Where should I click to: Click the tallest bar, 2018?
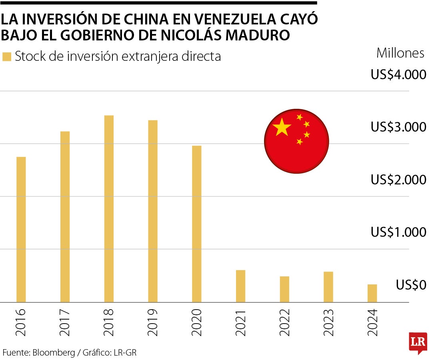click(x=109, y=208)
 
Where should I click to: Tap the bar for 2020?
click(x=196, y=224)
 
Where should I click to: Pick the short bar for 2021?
click(x=240, y=286)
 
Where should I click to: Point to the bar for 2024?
click(x=372, y=293)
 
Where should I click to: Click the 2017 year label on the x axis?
click(x=65, y=322)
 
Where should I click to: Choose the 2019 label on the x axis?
click(x=153, y=322)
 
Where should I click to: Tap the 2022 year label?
click(x=284, y=322)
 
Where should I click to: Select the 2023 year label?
click(x=328, y=322)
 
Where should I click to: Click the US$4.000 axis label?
click(x=398, y=75)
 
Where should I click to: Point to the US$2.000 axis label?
click(x=398, y=180)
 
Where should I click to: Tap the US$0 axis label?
click(x=411, y=285)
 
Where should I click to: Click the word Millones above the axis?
click(x=400, y=53)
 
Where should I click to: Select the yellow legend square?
click(x=7, y=57)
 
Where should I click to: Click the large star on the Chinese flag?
click(x=282, y=127)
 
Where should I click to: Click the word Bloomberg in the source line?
click(x=54, y=352)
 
